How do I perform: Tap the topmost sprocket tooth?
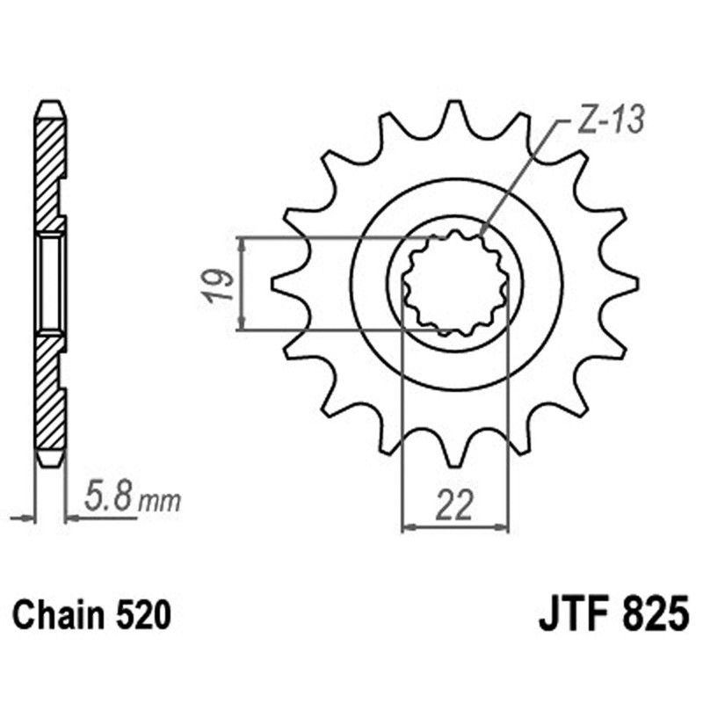click(x=454, y=114)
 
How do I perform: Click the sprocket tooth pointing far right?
click(x=626, y=284)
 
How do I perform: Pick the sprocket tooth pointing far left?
click(x=283, y=284)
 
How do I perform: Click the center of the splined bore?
click(x=454, y=283)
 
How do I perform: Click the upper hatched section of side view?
click(x=50, y=167)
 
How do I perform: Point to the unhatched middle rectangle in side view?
click(x=50, y=283)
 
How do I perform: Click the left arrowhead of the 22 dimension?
click(x=407, y=528)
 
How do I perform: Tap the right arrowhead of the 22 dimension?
click(x=504, y=528)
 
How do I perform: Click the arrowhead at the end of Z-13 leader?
click(x=482, y=233)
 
